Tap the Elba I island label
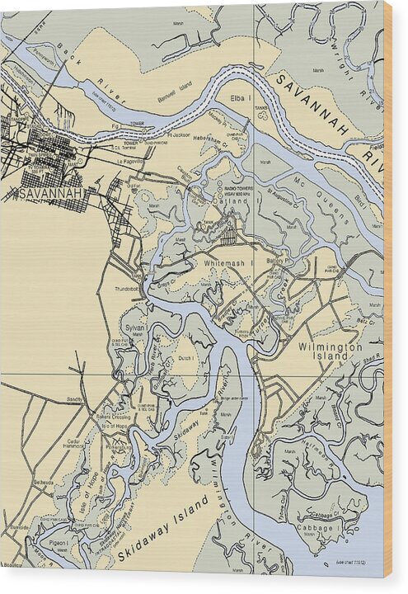241,99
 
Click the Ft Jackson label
179,133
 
